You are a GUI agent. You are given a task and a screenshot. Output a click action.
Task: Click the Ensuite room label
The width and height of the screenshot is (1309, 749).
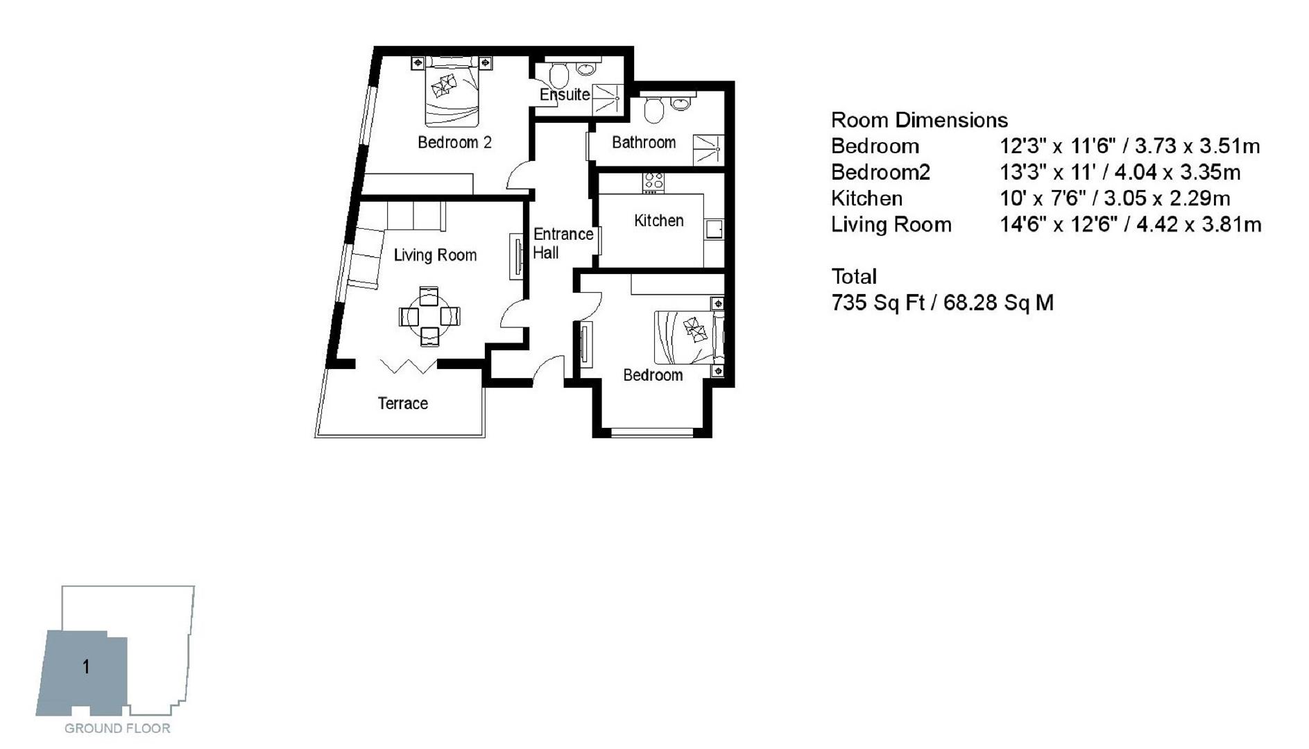[565, 94]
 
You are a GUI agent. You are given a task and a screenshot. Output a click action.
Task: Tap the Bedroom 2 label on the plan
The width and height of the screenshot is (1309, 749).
[454, 142]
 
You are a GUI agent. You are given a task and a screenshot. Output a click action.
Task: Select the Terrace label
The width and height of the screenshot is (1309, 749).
[402, 403]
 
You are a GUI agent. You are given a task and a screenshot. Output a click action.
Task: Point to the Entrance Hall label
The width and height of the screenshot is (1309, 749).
[563, 243]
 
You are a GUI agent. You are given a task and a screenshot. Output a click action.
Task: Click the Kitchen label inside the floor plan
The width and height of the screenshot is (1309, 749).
[658, 221]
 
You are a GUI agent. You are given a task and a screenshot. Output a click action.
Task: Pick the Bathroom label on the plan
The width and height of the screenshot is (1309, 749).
[643, 142]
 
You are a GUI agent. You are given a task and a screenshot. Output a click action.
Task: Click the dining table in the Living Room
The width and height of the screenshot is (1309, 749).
[429, 316]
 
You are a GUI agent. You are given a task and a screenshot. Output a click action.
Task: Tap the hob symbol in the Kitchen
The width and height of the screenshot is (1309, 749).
[653, 182]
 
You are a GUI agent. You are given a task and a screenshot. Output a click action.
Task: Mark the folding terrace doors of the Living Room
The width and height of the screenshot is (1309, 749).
[408, 365]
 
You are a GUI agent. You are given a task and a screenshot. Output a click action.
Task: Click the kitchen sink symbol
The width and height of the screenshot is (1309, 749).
[714, 229]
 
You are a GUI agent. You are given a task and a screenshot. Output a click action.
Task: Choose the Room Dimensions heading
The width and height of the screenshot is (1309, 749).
[919, 120]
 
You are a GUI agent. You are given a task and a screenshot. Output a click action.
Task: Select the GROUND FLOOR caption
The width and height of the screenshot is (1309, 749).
[117, 728]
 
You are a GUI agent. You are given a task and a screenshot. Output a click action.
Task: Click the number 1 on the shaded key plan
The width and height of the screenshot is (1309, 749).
[86, 667]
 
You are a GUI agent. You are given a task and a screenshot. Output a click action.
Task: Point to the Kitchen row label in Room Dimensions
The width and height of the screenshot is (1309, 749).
[866, 198]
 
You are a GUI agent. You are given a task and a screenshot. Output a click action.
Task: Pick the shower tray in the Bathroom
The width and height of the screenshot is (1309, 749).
[708, 149]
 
